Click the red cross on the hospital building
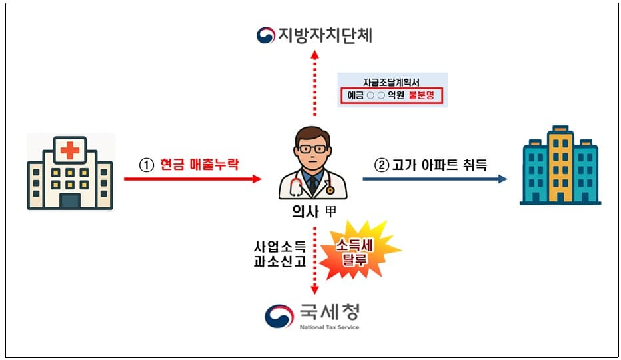pyautogui.click(x=69, y=151)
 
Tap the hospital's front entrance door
pyautogui.click(x=69, y=199)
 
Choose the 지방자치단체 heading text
pyautogui.click(x=324, y=35)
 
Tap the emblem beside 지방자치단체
pyautogui.click(x=266, y=35)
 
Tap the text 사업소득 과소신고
pyautogui.click(x=279, y=253)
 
